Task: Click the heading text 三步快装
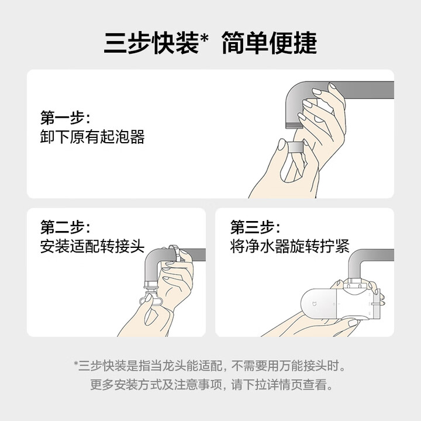click(x=151, y=43)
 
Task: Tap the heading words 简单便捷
click(x=270, y=43)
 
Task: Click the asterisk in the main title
click(x=204, y=37)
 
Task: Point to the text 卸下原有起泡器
click(x=92, y=137)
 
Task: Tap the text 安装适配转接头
click(x=92, y=246)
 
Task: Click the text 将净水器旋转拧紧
click(x=289, y=246)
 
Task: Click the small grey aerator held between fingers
click(x=295, y=147)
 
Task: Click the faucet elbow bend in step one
click(x=295, y=92)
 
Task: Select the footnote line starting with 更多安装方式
click(x=211, y=385)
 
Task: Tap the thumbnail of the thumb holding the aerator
click(x=282, y=145)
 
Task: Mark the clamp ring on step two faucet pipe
click(x=174, y=253)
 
